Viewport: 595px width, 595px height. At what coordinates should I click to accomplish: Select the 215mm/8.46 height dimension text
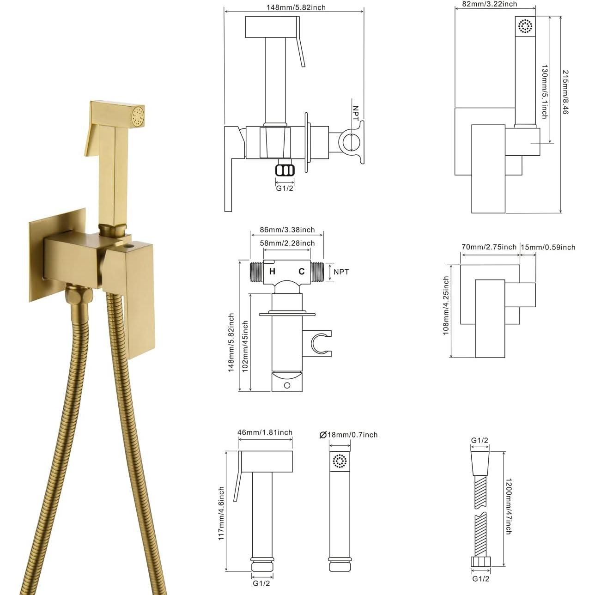coord(566,92)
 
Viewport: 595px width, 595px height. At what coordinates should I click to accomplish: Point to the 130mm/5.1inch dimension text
coord(545,91)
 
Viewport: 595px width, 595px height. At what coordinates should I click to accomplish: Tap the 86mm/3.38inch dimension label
coord(287,230)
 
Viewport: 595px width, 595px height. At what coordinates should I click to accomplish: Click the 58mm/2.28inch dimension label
coord(287,243)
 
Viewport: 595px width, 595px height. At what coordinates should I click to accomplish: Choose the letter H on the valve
coord(273,271)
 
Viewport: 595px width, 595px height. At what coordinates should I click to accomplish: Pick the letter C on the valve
coord(301,271)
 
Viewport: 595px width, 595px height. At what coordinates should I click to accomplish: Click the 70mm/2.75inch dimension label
coord(489,247)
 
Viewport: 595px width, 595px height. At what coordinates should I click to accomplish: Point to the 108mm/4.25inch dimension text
coord(446,305)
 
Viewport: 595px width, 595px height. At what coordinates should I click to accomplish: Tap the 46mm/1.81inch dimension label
coord(265,432)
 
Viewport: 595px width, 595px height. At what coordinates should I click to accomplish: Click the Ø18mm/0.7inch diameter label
coord(348,434)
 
